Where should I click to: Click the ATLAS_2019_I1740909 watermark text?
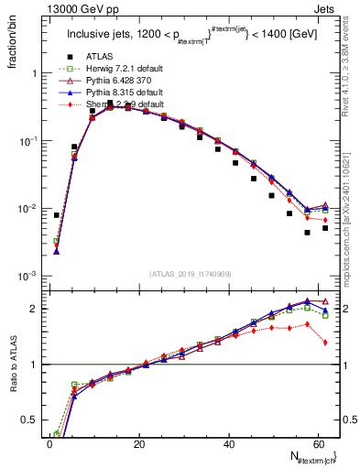[191, 274]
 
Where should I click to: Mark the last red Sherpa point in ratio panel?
[325, 343]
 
